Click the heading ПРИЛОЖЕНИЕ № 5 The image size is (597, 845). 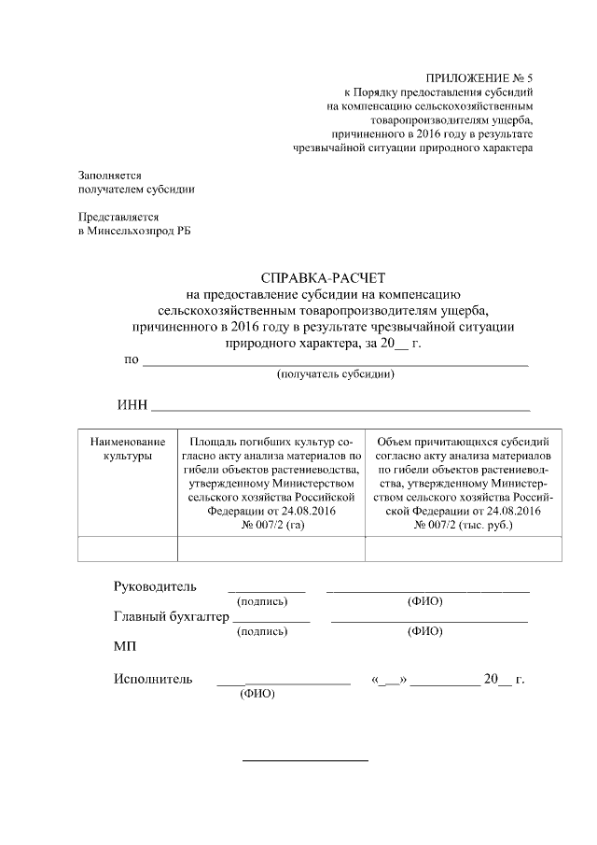[478, 78]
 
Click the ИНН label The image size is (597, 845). [132, 404]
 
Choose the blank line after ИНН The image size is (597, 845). [340, 407]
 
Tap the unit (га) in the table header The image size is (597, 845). [296, 526]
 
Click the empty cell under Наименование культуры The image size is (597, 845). [128, 549]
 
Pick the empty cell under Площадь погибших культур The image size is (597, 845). [271, 549]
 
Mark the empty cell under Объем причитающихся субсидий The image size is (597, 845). [463, 549]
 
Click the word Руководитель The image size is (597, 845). [155, 586]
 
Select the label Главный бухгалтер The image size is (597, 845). [172, 616]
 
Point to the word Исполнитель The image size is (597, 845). [153, 679]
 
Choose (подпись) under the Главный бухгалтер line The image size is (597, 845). [262, 631]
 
